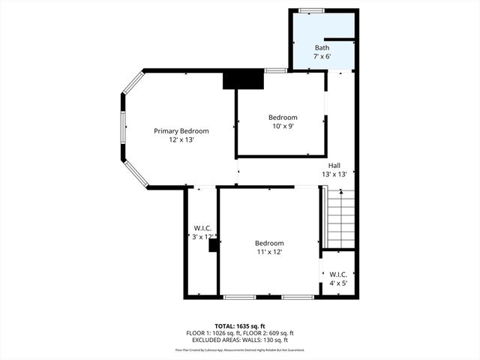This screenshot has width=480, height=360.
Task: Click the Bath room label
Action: coord(322,48)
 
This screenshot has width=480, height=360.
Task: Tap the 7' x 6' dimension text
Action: coord(322,57)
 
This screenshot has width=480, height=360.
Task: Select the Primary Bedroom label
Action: coord(181,131)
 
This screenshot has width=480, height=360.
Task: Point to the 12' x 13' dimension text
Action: coord(181,139)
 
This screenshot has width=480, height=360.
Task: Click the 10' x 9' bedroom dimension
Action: coord(283,126)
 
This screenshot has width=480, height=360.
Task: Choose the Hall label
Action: coord(336,166)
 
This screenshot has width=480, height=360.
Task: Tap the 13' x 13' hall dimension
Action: coord(336,174)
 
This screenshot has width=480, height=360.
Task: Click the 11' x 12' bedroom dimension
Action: coord(269,252)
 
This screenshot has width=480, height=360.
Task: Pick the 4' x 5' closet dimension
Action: coord(337,283)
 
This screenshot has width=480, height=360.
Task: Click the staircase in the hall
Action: coord(339,217)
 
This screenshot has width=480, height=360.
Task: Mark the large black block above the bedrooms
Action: coord(244,79)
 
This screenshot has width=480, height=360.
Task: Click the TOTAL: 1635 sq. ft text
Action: coord(240,325)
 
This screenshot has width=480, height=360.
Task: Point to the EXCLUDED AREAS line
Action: coord(240,340)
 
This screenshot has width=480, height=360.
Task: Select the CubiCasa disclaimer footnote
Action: coord(240,349)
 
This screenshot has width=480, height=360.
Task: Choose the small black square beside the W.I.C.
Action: coord(214,244)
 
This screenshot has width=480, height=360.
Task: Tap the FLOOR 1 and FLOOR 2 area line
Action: coord(240,333)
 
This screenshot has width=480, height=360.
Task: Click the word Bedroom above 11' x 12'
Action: coord(269,243)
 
